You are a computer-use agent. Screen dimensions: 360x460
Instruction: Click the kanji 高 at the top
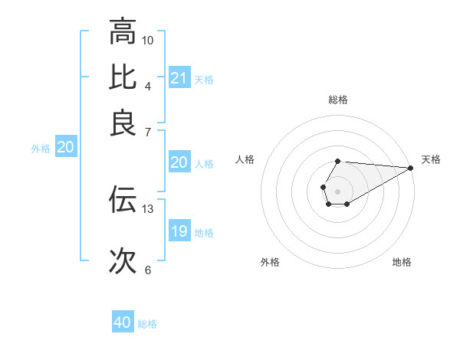pos(123,32)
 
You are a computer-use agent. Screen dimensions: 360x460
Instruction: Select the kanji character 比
pos(123,78)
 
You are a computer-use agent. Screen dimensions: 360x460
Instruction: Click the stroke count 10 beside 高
pos(148,40)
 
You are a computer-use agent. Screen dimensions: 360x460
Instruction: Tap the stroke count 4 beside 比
pos(148,86)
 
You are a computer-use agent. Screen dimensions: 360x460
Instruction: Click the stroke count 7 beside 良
pos(148,132)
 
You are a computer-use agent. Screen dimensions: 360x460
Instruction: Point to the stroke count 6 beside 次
pos(148,270)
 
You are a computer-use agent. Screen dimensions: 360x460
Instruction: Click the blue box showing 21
pos(179,78)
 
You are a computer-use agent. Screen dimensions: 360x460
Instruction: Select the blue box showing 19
pos(179,231)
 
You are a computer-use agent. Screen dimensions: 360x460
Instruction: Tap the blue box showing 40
pos(123,322)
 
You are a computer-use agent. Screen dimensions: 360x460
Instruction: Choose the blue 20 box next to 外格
pos(66,148)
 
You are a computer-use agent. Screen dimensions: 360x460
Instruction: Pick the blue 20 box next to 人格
pos(179,162)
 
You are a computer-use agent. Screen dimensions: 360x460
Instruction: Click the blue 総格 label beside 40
pos(147,324)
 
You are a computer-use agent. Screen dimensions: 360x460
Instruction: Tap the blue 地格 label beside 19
pos(204,233)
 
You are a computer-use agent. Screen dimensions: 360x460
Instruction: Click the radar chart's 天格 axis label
pos(431,159)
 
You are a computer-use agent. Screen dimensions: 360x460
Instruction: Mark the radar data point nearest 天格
pos(411,168)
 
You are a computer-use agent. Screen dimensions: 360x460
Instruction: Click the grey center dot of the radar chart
pos(337,190)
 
